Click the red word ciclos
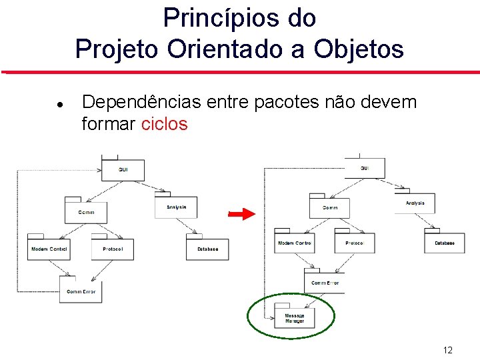coord(164,124)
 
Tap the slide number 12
coord(448,350)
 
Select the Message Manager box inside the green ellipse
coord(294,318)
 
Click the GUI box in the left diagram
coord(123,170)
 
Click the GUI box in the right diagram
coord(365,169)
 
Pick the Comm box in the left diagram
coord(86,212)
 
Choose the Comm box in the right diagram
coord(329,207)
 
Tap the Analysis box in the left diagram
coord(176,207)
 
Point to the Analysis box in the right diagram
coord(415,203)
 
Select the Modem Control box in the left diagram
coord(49,249)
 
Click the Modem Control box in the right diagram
coord(294,243)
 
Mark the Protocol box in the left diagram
coord(112,249)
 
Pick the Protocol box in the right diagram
coord(355,243)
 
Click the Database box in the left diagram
coord(207,249)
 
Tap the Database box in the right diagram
coord(445,243)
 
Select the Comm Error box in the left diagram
coord(81,291)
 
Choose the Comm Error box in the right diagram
coord(325,283)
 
